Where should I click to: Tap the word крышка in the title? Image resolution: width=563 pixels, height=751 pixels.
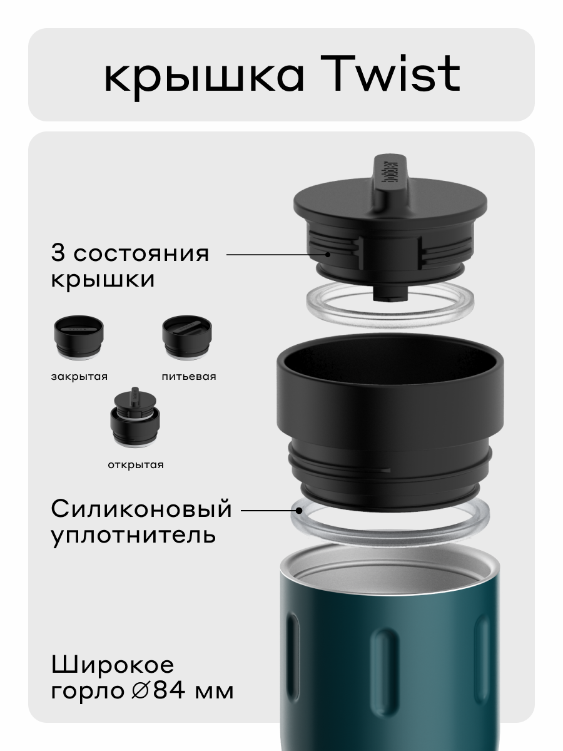[204, 76]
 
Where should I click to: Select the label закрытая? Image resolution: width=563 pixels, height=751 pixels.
[79, 377]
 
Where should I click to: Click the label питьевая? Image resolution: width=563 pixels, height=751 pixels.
[188, 377]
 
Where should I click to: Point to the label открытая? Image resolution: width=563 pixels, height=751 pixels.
[135, 465]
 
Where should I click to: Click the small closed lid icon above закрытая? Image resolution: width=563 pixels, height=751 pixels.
[78, 339]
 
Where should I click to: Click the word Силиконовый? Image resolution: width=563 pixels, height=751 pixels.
[141, 509]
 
